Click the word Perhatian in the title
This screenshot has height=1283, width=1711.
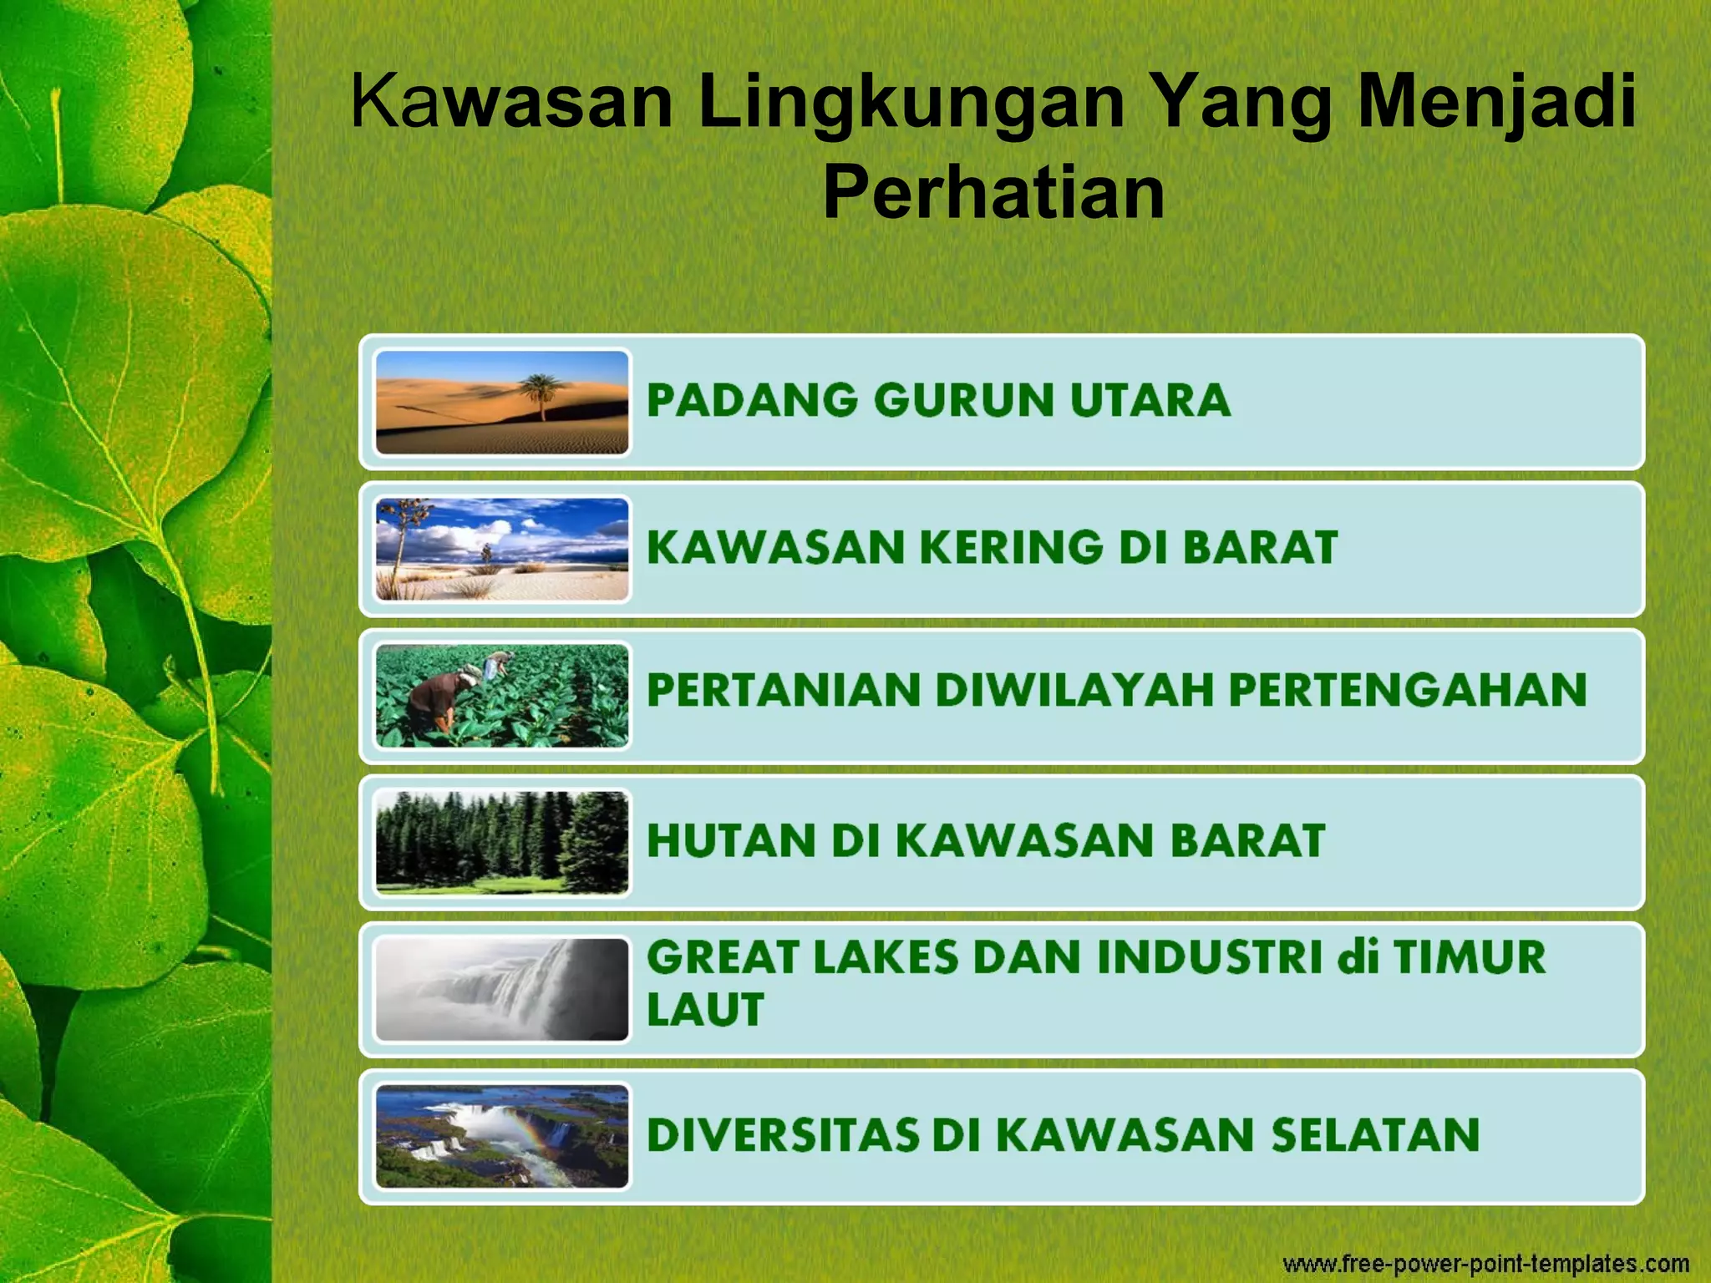point(993,193)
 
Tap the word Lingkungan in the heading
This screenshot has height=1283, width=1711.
point(911,103)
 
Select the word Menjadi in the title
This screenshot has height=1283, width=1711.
point(1496,103)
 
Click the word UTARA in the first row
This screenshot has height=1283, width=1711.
point(1150,400)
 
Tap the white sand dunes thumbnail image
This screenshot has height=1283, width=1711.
point(501,549)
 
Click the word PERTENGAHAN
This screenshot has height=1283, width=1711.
point(1407,691)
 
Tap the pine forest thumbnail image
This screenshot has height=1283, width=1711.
point(501,842)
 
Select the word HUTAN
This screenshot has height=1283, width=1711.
point(731,840)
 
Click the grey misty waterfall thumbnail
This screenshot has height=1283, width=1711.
point(501,989)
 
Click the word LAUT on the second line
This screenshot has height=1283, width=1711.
point(705,1010)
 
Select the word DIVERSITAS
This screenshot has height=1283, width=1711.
point(783,1135)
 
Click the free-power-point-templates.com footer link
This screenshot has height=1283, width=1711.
point(1485,1263)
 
